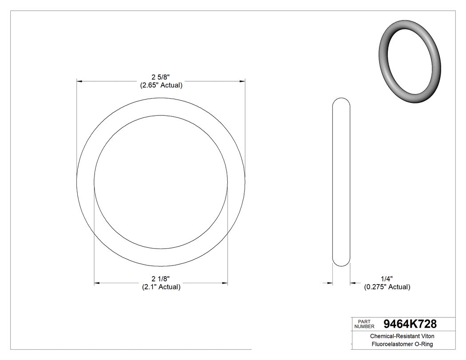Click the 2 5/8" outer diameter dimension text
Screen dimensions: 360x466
point(161,77)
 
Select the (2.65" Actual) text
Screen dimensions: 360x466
point(161,85)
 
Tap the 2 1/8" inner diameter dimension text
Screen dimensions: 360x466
point(161,279)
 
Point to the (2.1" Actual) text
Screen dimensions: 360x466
point(161,287)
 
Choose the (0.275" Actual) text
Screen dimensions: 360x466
point(387,287)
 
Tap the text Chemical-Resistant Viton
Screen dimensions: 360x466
point(402,336)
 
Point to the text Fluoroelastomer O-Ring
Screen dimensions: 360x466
point(402,344)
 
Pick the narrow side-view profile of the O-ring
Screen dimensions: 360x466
point(341,182)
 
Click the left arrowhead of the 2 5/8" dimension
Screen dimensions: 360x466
point(79,81)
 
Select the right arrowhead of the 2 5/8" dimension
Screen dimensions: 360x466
point(242,81)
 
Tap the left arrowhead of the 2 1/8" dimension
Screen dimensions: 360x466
point(97,283)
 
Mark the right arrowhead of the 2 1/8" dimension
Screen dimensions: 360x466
point(225,283)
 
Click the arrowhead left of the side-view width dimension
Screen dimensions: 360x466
point(330,282)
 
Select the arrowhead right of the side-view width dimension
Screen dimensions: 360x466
point(353,282)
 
